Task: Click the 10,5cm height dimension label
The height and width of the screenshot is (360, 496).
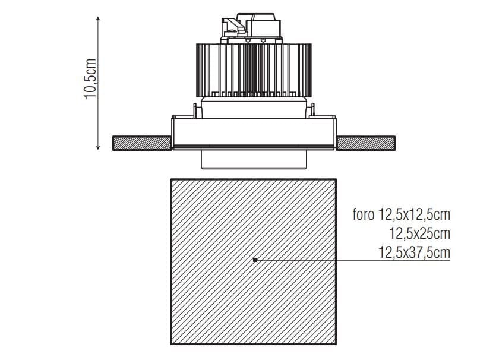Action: (90, 78)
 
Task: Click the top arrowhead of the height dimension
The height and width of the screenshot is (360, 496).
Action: (98, 18)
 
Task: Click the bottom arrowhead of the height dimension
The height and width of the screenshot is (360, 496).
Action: (98, 147)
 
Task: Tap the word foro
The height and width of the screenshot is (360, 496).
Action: (364, 215)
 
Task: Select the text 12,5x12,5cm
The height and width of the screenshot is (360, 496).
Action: (414, 215)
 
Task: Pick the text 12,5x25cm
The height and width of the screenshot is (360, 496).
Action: (419, 234)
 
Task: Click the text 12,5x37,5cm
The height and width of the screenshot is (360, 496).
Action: (414, 252)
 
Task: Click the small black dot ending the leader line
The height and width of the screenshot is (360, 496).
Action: (255, 260)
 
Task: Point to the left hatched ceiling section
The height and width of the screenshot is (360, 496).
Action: (143, 143)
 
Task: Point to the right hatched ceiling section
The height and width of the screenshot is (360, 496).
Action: (365, 143)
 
